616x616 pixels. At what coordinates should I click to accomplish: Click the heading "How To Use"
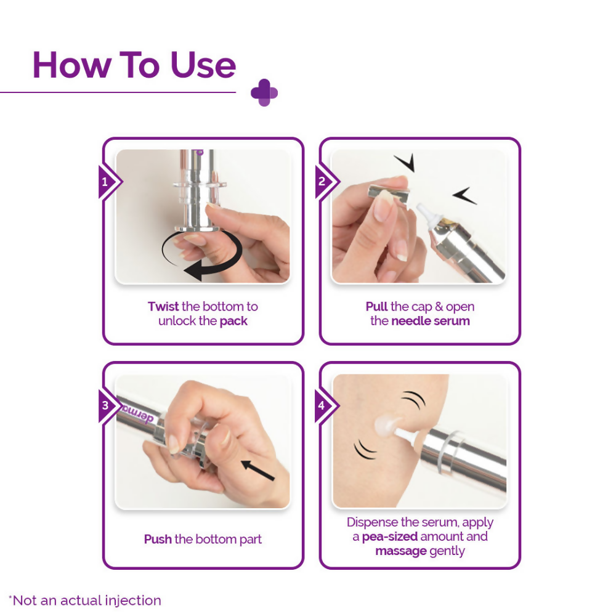pos(134,64)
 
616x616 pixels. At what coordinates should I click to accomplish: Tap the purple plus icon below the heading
pos(264,93)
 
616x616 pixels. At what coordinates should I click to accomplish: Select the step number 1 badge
pos(106,182)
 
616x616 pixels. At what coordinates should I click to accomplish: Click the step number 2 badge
pos(323,182)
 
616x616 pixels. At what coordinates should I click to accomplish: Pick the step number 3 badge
pos(106,406)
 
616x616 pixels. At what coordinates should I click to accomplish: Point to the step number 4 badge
pos(323,406)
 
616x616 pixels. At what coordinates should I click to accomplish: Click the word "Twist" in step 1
pos(163,306)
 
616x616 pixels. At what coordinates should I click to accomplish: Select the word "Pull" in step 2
pos(377,306)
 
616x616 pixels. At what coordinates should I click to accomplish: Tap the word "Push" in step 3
pos(158,539)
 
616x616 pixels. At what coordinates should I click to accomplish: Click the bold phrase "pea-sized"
pos(390,537)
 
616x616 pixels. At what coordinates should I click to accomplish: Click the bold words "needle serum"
pos(431,321)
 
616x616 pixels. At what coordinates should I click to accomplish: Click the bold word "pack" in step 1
pos(233,321)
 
